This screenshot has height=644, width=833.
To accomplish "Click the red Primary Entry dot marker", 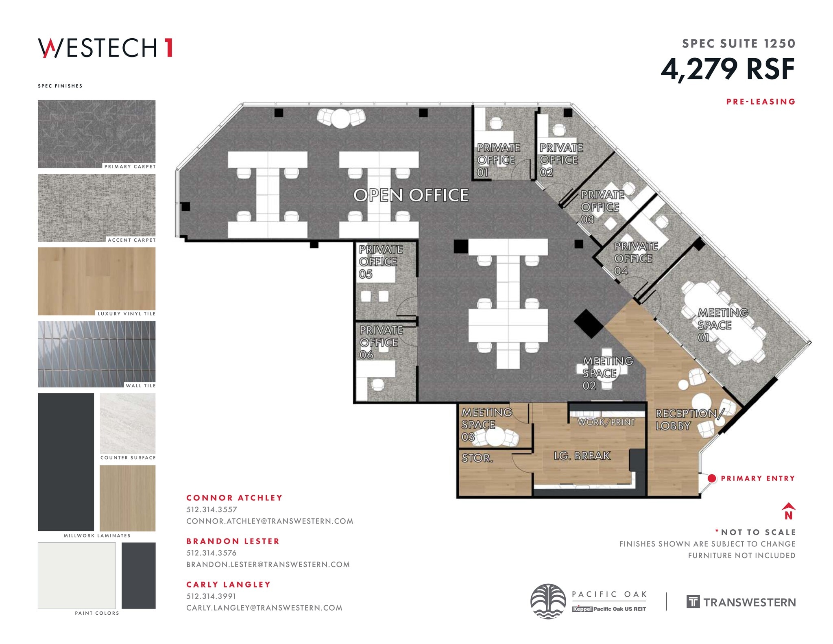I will (x=711, y=478).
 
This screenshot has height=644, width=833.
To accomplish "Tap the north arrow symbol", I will (x=788, y=511).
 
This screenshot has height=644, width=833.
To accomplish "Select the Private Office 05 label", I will (x=380, y=262).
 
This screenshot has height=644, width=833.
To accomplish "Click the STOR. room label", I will (x=477, y=458).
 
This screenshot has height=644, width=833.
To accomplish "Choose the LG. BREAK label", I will (x=582, y=456).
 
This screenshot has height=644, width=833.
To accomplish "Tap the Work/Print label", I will (x=606, y=422).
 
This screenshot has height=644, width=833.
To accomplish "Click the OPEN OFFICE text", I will (x=411, y=195).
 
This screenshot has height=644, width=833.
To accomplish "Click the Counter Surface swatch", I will (x=127, y=423).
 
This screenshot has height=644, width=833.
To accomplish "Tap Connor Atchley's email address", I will (x=269, y=521).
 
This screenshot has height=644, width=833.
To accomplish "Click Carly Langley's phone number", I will (x=211, y=596).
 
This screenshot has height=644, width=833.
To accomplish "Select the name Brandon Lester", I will (x=233, y=541).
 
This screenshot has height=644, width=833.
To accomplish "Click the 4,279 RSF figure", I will (x=728, y=69).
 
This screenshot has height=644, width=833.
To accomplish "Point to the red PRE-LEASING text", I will (x=761, y=102).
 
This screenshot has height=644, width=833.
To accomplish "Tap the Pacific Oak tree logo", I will (x=548, y=601).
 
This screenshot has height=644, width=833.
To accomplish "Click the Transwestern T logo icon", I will (x=693, y=601).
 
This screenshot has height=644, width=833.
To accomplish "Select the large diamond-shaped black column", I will (x=588, y=323).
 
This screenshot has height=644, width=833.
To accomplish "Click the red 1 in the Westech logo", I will (x=168, y=48).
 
